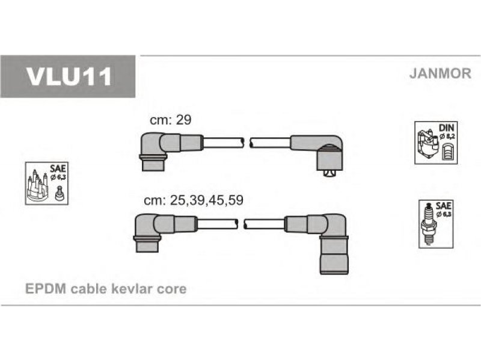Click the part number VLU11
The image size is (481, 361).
pos(69,76)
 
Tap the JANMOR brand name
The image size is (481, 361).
pos(440,73)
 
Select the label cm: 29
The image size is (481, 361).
pos(170,120)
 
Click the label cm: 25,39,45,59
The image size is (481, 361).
pos(194,200)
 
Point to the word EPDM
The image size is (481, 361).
pos(46,289)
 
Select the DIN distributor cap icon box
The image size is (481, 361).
pos(435,143)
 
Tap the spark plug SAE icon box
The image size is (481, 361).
pos(436,224)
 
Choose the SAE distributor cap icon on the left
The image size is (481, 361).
pos(47,184)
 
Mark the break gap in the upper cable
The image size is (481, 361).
pos(247,143)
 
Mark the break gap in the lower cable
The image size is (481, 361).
pos(241,224)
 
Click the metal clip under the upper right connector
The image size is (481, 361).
pos(329,173)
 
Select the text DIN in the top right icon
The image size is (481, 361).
pos(446,128)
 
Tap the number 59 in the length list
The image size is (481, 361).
pos(236,200)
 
